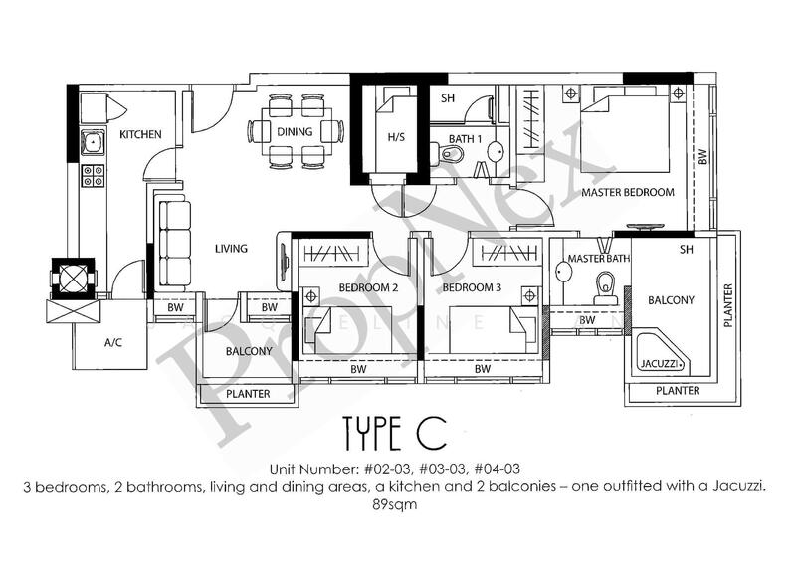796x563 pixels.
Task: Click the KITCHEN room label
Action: tap(140, 134)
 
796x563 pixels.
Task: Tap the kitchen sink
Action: tap(93, 142)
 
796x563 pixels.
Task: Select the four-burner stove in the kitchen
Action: tap(94, 176)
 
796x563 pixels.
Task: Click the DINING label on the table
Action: tap(295, 132)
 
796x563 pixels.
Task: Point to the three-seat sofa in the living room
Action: tap(175, 243)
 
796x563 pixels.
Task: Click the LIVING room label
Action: tap(231, 249)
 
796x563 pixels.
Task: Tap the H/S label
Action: tap(396, 137)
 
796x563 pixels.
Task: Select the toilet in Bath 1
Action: tap(447, 153)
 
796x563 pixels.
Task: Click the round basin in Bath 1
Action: tap(496, 152)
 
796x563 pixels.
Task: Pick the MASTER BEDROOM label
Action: tap(628, 192)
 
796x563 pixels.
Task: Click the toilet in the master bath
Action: tap(606, 287)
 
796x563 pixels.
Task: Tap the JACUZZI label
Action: tap(659, 363)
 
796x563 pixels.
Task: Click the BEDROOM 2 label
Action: tap(368, 287)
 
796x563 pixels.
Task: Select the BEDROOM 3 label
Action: tap(472, 287)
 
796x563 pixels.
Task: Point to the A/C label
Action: tap(113, 342)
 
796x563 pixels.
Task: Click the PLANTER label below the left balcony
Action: tap(248, 394)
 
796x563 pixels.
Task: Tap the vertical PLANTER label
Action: tap(728, 305)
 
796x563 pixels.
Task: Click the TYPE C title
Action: tap(394, 433)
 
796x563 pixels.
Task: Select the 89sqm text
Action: tap(394, 505)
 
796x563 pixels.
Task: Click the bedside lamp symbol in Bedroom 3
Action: tap(530, 295)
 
